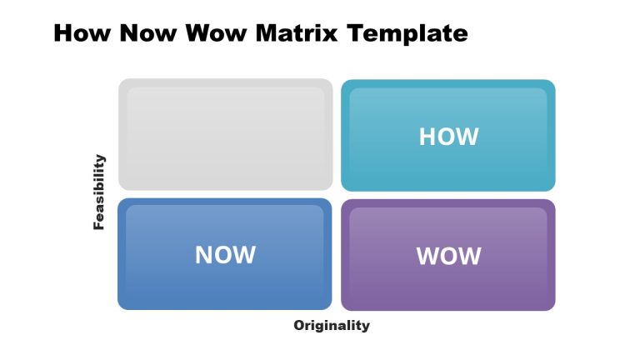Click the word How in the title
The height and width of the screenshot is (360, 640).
click(x=82, y=33)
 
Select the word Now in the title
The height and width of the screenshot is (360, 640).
click(x=148, y=33)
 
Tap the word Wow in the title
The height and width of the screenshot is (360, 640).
click(x=217, y=33)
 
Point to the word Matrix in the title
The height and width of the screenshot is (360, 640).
click(x=297, y=33)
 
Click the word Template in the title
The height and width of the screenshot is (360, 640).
click(x=407, y=34)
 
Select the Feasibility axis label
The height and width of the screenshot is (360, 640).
click(x=99, y=192)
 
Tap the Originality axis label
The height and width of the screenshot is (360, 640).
click(x=332, y=326)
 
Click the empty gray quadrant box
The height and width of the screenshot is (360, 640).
click(x=225, y=135)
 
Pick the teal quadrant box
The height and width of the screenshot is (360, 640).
click(x=448, y=136)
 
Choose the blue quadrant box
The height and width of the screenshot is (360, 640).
click(x=225, y=254)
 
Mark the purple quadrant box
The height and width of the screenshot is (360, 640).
click(x=448, y=255)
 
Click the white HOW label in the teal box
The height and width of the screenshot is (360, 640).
click(x=448, y=137)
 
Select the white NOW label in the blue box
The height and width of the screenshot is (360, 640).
click(x=225, y=255)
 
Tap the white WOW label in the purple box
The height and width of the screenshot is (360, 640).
click(x=448, y=256)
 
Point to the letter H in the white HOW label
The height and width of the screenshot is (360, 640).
click(x=427, y=137)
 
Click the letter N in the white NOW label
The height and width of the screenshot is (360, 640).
click(x=202, y=255)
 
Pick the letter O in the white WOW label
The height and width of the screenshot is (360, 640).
click(x=449, y=256)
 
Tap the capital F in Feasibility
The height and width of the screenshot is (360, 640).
click(x=99, y=225)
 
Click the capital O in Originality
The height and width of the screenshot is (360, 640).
click(x=299, y=325)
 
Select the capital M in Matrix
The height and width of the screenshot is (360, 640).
click(x=267, y=33)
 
